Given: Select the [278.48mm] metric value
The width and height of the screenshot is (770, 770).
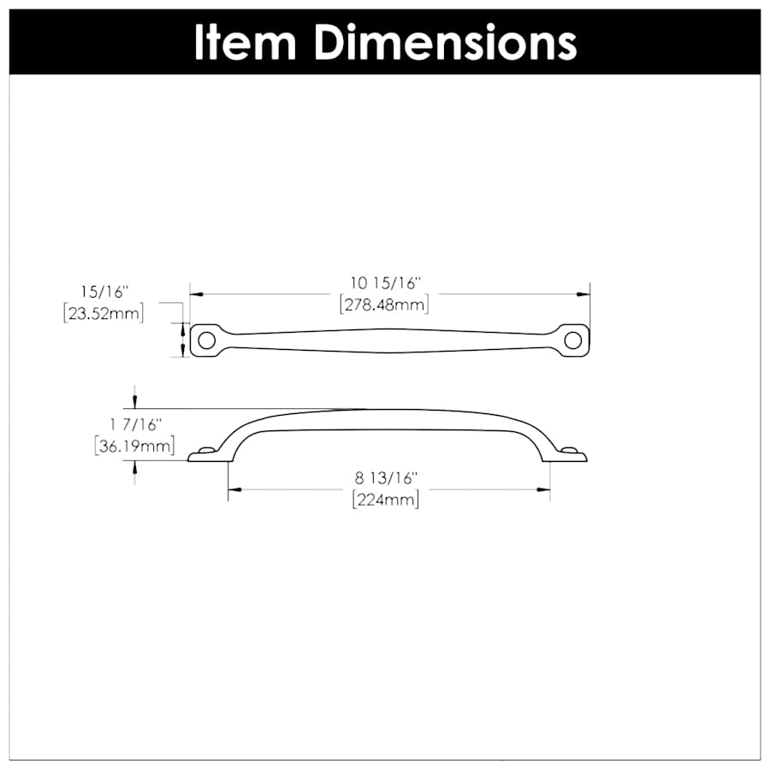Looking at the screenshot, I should pos(384,304).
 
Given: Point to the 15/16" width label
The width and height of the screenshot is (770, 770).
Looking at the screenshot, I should pos(103,292).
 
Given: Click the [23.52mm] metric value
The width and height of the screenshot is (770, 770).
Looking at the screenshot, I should pos(104,313).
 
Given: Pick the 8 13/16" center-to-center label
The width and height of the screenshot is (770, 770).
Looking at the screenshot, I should pos(386,479).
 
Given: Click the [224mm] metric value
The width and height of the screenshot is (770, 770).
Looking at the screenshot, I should pos(386,500).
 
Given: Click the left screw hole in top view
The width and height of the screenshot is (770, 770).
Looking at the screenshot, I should pos(204,340).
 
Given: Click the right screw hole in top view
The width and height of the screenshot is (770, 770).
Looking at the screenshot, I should pos(575,340).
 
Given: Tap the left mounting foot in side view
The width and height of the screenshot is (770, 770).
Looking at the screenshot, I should pos(205,454).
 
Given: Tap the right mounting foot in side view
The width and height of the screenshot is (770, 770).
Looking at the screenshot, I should pos(572,454).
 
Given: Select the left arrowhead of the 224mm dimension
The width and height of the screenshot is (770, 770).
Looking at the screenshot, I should pos(233,489).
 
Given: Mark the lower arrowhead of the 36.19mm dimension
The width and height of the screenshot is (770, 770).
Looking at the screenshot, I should pos(134,466).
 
